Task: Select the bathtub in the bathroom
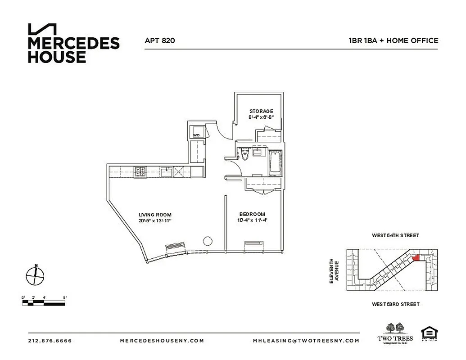point(275,163)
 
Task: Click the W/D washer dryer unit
point(197,134)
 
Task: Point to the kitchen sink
point(166,171)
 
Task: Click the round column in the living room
point(208,241)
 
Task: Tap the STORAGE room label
point(261,111)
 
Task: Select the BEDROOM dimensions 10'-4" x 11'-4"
point(252,220)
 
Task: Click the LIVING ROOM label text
point(155,215)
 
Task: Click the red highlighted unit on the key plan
point(416,257)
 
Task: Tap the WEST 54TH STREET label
point(395,235)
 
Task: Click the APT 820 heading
point(159,40)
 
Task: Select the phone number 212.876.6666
point(50,341)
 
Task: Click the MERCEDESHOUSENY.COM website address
point(162,341)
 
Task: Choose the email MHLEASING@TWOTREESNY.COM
point(306,341)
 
